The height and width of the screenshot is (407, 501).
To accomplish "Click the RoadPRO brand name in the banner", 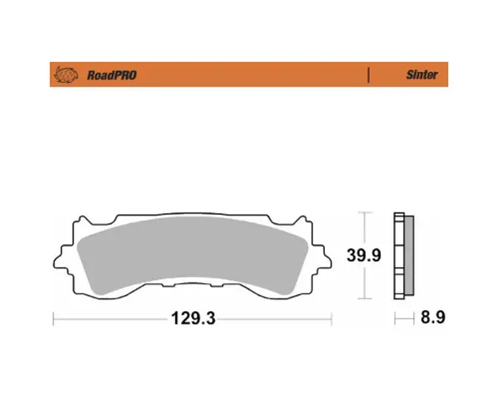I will pos(113,75).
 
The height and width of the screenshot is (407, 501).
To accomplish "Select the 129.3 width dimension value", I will pos(189,318).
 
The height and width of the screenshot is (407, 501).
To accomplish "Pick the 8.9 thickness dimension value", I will pos(433,318).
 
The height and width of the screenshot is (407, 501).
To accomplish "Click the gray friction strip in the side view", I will pos(407,256).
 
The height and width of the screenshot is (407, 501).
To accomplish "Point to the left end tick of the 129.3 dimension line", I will pos(53,318).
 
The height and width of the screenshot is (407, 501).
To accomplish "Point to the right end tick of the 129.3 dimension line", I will pos(332,318).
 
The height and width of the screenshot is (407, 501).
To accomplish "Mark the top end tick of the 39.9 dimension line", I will pos(365,212).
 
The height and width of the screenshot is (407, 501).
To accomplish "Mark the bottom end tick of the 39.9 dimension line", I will pos(365,299).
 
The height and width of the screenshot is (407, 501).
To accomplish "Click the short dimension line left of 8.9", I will pos(405,318).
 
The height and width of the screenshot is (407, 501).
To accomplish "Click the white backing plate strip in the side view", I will pos(397,256).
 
